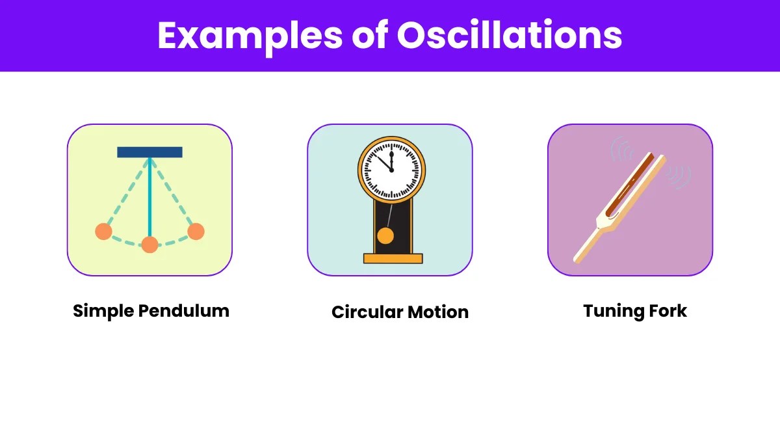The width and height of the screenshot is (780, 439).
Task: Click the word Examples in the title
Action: point(250,36)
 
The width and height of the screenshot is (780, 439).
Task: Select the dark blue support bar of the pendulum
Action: point(149,152)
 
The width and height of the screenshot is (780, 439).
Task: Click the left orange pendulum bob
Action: point(104,232)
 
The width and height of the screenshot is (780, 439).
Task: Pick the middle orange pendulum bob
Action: point(149,245)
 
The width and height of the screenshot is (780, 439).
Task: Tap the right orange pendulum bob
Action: point(196,232)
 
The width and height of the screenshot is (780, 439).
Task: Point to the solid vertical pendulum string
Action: point(149,197)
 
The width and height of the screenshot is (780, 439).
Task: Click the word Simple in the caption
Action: point(103,311)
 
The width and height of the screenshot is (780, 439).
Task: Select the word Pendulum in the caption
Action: point(184,310)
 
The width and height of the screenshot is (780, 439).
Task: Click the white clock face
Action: point(391,170)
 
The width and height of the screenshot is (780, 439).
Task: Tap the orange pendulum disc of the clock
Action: point(385,236)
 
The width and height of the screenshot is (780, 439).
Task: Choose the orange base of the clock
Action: point(393,259)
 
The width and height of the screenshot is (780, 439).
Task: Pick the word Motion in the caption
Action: point(438,312)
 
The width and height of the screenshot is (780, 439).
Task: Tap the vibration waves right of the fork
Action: point(679,177)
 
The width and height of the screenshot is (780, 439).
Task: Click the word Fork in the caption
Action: point(668,310)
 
